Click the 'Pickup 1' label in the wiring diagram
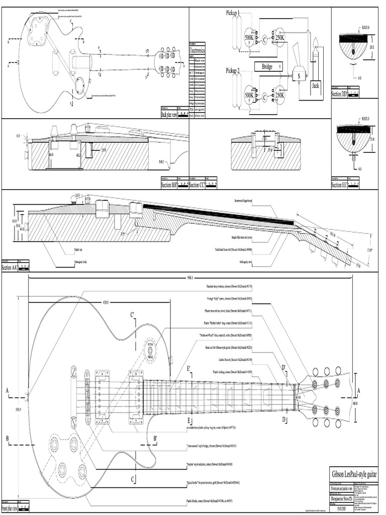click(x=232, y=13)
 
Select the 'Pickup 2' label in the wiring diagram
click(x=232, y=70)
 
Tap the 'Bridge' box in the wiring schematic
click(x=267, y=66)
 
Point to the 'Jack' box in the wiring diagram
click(x=315, y=85)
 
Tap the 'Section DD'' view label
click(x=340, y=94)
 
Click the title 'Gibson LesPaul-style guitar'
click(x=354, y=474)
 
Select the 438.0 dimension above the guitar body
click(x=106, y=303)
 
